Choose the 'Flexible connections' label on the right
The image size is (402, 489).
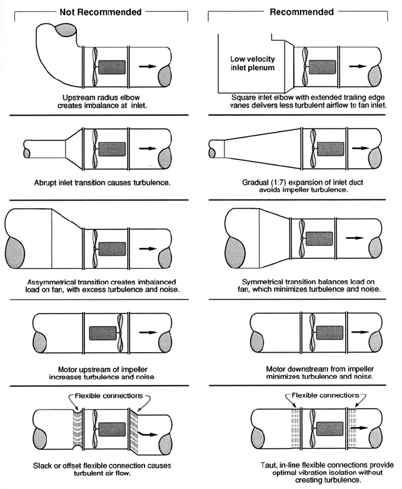[x=323, y=396]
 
